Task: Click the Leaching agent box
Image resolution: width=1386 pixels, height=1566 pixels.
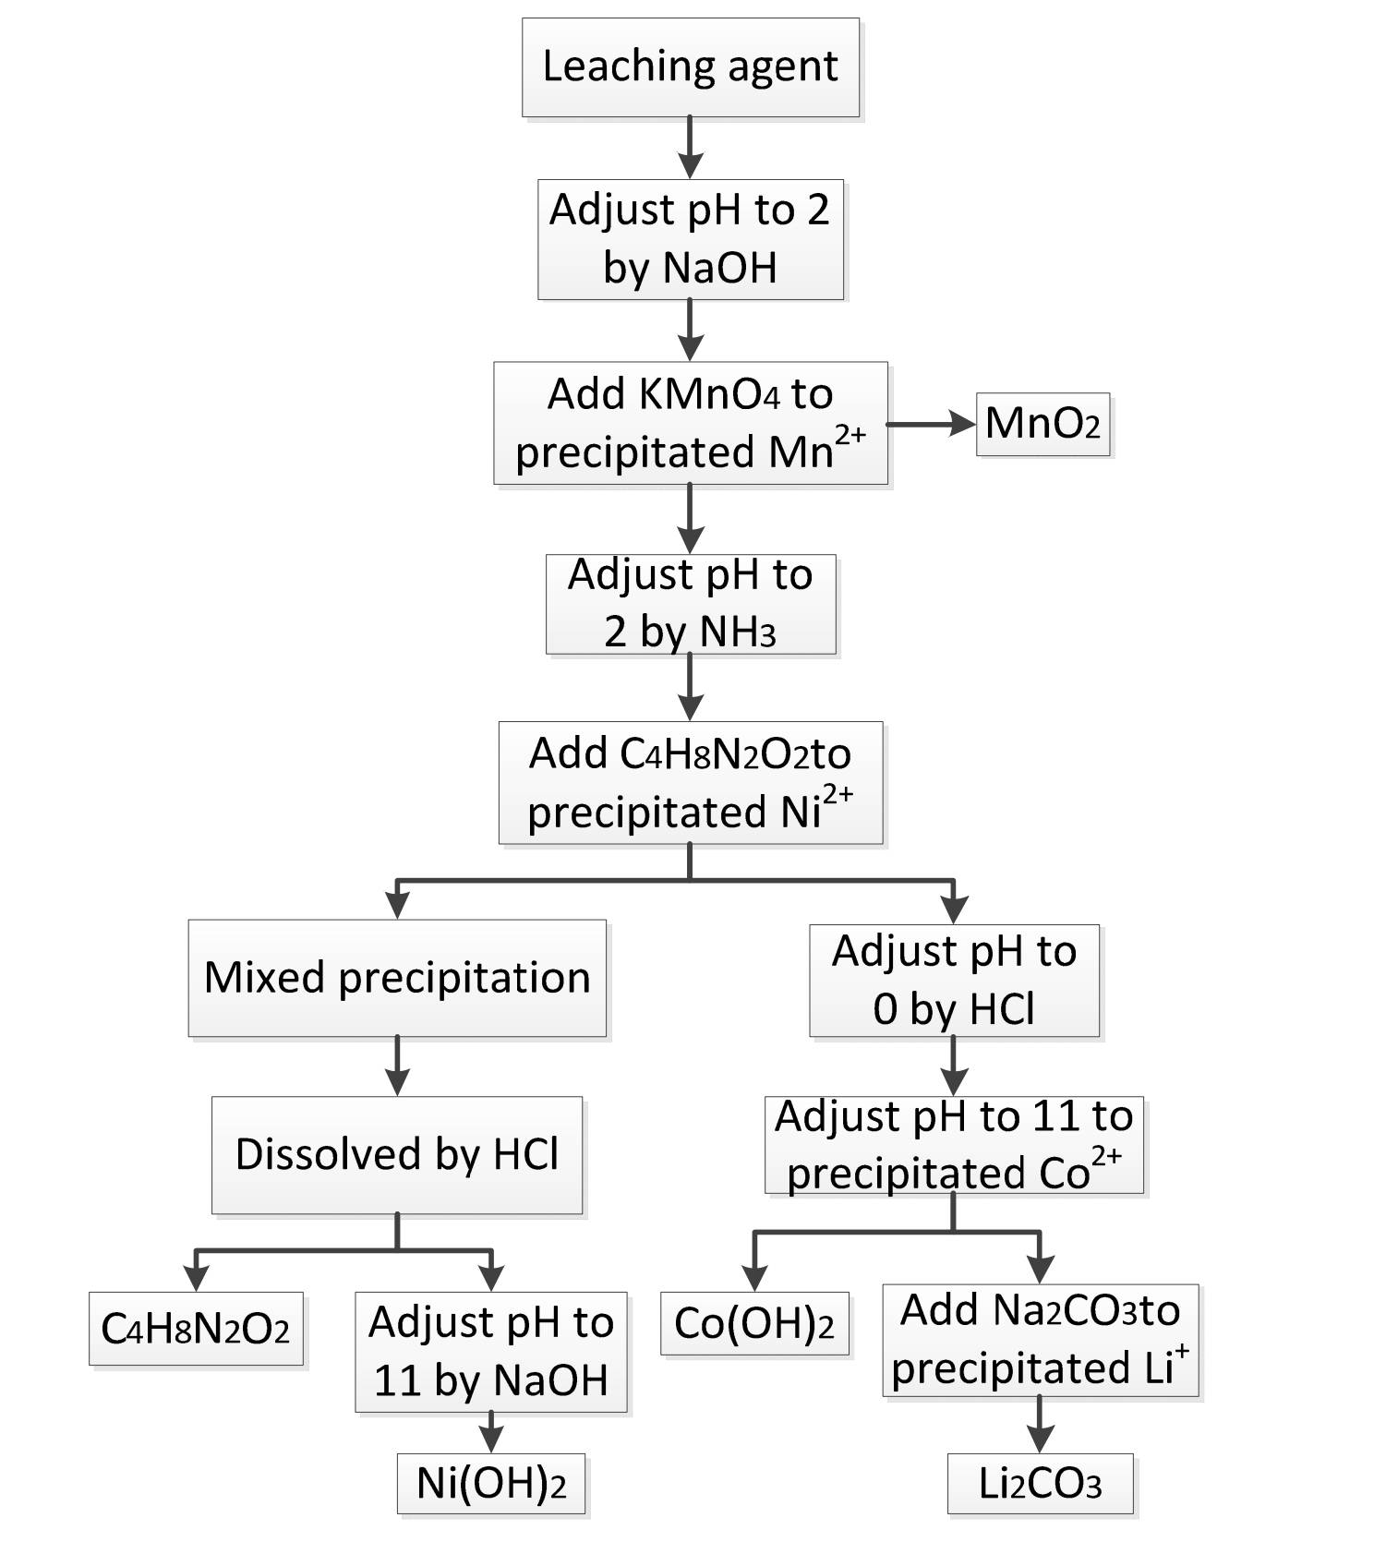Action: point(690,67)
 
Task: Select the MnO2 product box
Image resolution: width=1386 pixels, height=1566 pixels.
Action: point(1043,424)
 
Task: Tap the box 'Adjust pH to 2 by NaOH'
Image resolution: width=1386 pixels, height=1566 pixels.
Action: point(690,239)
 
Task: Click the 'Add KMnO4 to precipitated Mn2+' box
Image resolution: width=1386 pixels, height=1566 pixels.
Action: point(690,423)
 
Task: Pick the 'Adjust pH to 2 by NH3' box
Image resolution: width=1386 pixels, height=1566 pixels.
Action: point(690,604)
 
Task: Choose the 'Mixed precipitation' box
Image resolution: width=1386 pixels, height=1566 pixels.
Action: point(397,978)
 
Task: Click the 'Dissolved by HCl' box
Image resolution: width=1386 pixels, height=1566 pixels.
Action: point(397,1154)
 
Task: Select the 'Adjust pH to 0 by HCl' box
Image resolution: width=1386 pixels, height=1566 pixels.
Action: point(954,980)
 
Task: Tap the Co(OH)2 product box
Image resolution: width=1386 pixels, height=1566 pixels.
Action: point(754,1323)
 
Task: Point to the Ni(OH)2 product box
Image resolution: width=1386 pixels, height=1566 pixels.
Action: point(491,1484)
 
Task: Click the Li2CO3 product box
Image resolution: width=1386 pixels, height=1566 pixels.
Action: point(1040,1484)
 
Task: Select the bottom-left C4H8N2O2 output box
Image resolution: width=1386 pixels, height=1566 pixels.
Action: point(196,1329)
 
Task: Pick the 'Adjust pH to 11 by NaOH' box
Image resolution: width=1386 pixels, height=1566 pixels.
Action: point(491,1352)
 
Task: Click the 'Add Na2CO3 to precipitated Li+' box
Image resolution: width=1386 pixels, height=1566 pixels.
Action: point(1041,1340)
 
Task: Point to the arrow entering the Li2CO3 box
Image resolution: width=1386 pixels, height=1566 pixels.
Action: point(1040,1425)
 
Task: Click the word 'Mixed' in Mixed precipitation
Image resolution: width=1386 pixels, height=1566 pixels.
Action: point(264,978)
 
